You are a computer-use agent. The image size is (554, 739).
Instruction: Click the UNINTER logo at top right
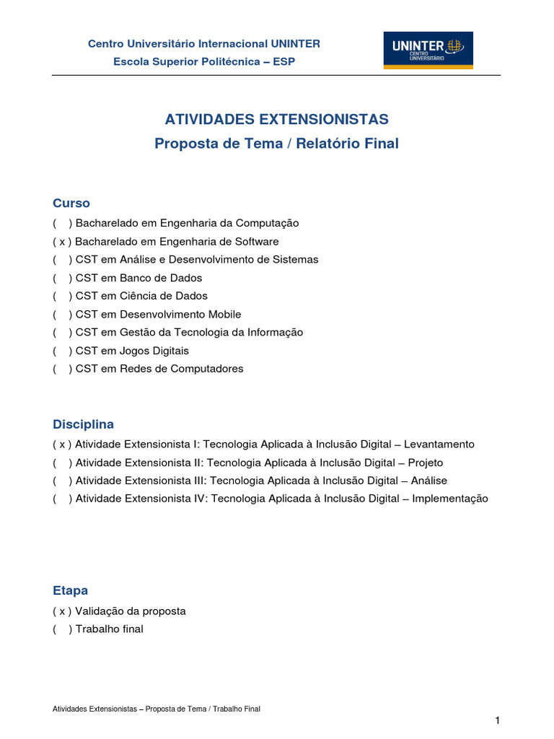(428, 50)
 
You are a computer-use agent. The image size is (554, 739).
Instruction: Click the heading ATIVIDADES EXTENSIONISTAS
(277, 119)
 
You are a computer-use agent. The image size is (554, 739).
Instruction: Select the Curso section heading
(71, 204)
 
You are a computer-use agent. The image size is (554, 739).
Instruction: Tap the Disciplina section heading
(83, 424)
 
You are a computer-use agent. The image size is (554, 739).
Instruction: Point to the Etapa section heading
(71, 590)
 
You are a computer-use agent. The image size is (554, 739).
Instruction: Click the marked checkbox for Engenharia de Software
(62, 242)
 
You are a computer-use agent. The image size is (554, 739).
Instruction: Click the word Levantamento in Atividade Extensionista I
(439, 445)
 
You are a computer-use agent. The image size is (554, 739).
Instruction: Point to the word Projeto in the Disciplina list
(426, 463)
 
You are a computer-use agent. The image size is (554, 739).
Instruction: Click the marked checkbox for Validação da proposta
(62, 611)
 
